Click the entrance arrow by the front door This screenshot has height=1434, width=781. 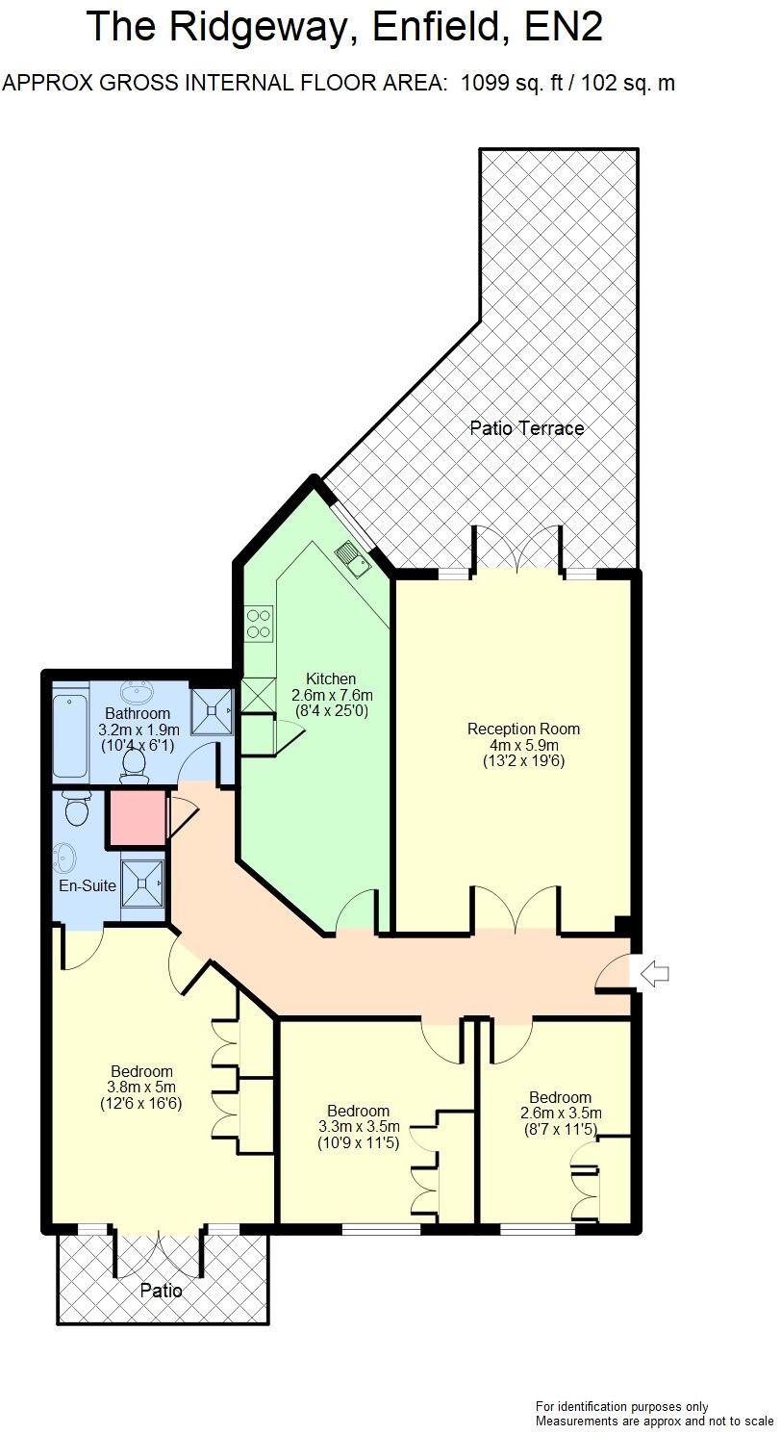[655, 974]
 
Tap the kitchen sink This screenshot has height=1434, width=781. [352, 558]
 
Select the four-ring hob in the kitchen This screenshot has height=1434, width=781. [258, 624]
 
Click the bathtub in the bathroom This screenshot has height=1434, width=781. [70, 735]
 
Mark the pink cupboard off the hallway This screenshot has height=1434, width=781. [136, 818]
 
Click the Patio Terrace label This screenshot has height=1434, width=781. [526, 428]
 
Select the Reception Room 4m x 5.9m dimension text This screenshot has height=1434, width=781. [523, 745]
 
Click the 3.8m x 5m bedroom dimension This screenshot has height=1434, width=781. [141, 1088]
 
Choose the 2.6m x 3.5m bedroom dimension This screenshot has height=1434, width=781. [560, 1114]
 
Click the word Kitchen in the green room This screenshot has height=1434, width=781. [331, 679]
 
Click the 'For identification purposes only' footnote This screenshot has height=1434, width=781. [621, 1407]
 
